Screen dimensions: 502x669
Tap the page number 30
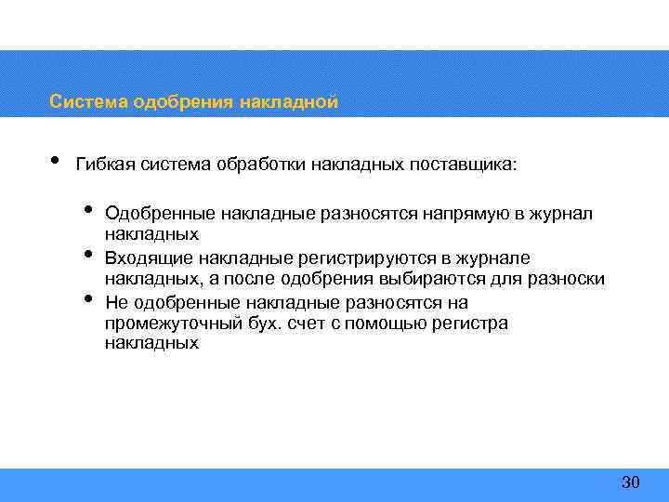click(630, 482)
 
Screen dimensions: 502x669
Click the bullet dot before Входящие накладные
click(88, 253)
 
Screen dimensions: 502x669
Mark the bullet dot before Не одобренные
click(88, 298)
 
